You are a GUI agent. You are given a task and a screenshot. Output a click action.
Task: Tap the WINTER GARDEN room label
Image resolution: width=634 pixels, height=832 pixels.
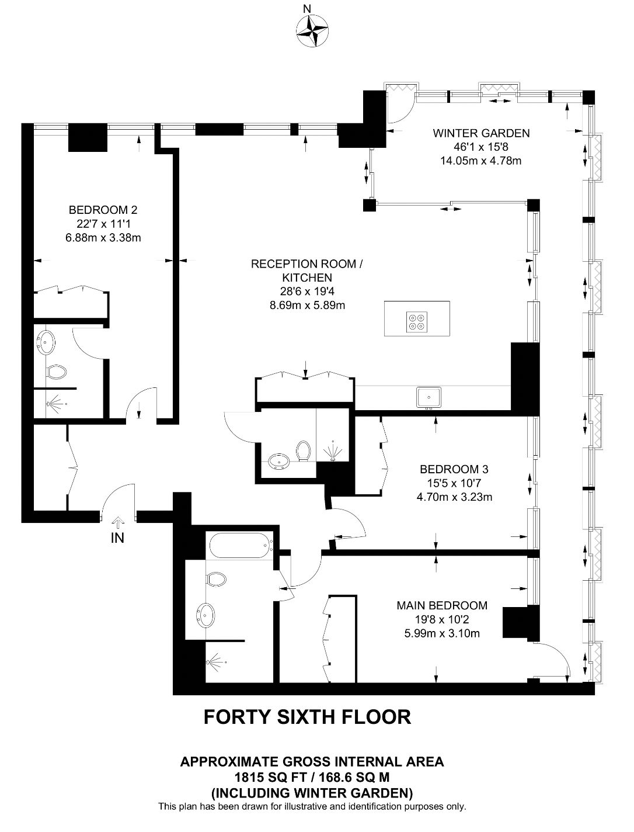[x=481, y=133]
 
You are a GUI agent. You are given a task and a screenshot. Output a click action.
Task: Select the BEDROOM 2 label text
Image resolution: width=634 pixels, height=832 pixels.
[x=103, y=210]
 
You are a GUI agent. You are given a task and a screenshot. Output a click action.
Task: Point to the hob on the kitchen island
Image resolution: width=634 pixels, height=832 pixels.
[x=417, y=322]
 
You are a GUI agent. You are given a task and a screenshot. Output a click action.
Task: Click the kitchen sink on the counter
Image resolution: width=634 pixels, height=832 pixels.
[x=429, y=398]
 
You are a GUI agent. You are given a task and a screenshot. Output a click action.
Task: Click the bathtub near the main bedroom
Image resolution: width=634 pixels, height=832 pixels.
[x=242, y=546]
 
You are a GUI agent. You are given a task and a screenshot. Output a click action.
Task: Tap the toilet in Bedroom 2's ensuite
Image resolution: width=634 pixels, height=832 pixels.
[x=55, y=372]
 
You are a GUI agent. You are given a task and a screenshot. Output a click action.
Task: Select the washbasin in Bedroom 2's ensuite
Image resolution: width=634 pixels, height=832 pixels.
[x=46, y=342]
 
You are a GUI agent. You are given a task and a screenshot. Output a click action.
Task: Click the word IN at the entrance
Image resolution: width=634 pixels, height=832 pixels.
[x=117, y=538]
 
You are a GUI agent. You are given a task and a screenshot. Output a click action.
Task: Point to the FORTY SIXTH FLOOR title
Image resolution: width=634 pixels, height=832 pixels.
[x=307, y=717]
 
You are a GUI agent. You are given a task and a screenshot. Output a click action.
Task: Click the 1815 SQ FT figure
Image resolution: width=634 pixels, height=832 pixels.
[x=270, y=778]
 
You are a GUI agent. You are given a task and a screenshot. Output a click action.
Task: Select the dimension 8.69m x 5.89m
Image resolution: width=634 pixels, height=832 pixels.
[x=307, y=305]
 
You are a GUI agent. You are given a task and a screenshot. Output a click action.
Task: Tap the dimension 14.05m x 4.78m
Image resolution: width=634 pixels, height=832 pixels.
[x=480, y=161]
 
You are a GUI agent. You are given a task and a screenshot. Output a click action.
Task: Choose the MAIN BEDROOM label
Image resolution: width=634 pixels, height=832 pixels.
[x=442, y=605]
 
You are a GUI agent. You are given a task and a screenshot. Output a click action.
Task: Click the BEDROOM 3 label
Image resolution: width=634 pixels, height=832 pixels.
[x=454, y=469]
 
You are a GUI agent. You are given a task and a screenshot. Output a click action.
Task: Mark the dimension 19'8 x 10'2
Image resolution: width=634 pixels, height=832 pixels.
[x=442, y=619]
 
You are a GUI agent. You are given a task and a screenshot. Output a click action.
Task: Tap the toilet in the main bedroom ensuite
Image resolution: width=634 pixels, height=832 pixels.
[x=216, y=579]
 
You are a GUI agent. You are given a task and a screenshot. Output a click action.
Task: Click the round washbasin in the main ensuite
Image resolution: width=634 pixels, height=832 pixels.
[x=205, y=613]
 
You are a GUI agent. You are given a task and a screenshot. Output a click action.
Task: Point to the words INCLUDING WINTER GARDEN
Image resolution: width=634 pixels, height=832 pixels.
[x=312, y=793]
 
